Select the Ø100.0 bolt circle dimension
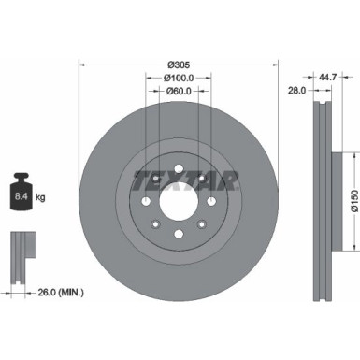tap(179, 77)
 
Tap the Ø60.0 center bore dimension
tap(179, 92)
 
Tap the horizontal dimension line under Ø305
tap(179, 64)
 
